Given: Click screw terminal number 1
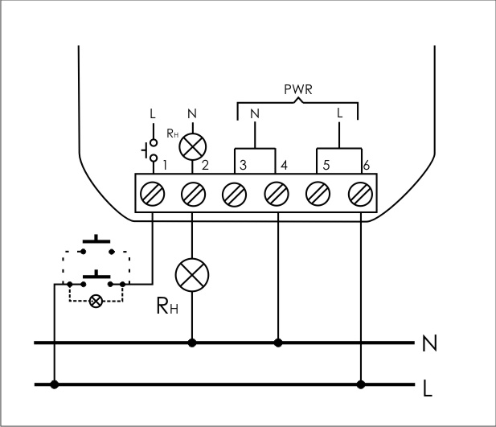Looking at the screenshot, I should (x=154, y=194).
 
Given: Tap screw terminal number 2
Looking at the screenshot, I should (x=192, y=194).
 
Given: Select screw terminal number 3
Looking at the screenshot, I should (x=234, y=194).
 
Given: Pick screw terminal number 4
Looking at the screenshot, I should (x=277, y=194).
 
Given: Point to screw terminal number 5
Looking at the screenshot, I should (x=318, y=194).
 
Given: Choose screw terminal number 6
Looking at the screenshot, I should (x=360, y=194).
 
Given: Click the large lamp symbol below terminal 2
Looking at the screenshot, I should (x=192, y=274).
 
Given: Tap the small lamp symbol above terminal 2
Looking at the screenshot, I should (x=192, y=145).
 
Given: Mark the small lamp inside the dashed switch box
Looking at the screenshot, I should (x=96, y=302).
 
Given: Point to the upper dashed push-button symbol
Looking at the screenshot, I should (x=97, y=244).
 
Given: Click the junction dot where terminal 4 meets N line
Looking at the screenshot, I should (x=277, y=343).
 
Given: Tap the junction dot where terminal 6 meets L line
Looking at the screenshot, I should (x=361, y=384).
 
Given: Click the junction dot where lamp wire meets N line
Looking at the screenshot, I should (x=192, y=343).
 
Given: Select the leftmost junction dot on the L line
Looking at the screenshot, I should (x=55, y=384).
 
